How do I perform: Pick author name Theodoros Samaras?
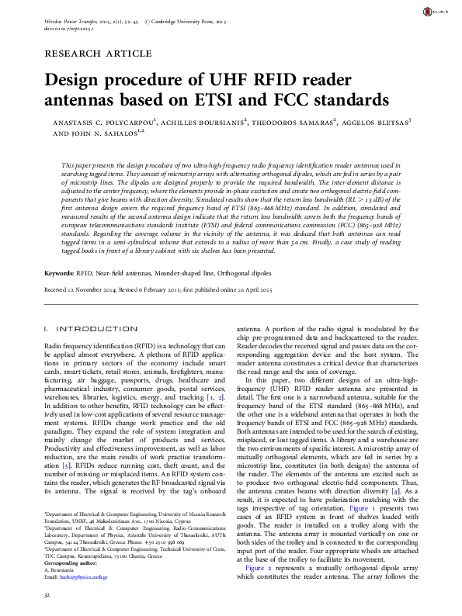[294, 123]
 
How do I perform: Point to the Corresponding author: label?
[76, 565]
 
